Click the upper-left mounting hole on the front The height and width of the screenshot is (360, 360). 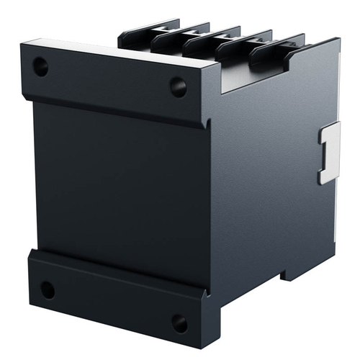point(40,68)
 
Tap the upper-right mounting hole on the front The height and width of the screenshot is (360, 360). point(178,87)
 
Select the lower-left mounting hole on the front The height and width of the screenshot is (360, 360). point(47,290)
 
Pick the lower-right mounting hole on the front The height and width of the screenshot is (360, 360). point(179,323)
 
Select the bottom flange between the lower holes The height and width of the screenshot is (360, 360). point(112,302)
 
